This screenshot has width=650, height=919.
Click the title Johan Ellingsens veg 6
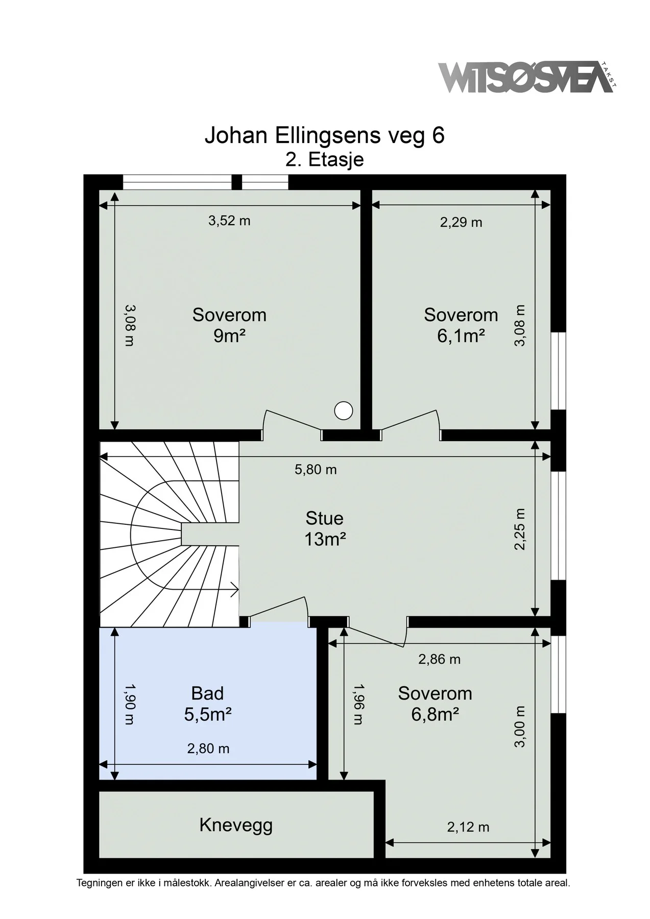(325, 136)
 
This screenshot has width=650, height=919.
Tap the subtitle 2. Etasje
(325, 159)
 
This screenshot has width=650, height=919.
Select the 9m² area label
(229, 336)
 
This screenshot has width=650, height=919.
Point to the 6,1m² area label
(461, 336)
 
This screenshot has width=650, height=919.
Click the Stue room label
(324, 518)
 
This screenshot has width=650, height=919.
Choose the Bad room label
(207, 693)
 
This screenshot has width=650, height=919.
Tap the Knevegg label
(236, 825)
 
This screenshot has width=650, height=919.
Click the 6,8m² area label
(435, 714)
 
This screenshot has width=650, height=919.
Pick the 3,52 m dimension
(229, 221)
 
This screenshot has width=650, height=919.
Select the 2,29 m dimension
(461, 222)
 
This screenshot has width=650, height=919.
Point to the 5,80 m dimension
(316, 469)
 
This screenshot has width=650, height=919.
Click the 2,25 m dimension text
(520, 529)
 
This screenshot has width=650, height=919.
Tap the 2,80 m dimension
(208, 748)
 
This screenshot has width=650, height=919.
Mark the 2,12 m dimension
(468, 827)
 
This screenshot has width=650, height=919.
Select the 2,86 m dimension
(439, 659)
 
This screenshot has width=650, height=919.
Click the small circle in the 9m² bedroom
(344, 410)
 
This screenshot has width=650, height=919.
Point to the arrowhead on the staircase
(235, 590)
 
